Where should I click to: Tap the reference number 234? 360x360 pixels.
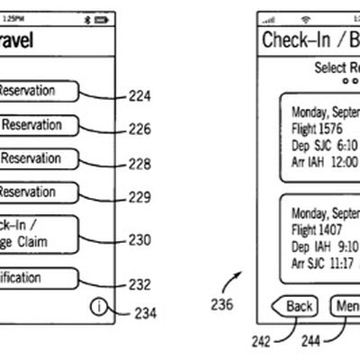coord(145,314)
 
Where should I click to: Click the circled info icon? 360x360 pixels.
coord(97,307)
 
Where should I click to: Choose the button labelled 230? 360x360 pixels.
coord(40,234)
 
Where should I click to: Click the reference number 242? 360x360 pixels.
coord(258,342)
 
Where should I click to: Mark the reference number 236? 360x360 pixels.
coord(221,304)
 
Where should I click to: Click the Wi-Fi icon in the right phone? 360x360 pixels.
coord(304,17)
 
